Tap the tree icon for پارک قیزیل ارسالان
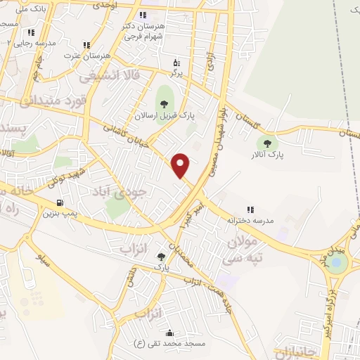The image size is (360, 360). coord(164,105)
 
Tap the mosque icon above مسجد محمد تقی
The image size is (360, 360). coord(169,333)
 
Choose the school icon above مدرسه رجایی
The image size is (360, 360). coord(31,32)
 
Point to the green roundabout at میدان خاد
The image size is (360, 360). coord(337,263)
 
